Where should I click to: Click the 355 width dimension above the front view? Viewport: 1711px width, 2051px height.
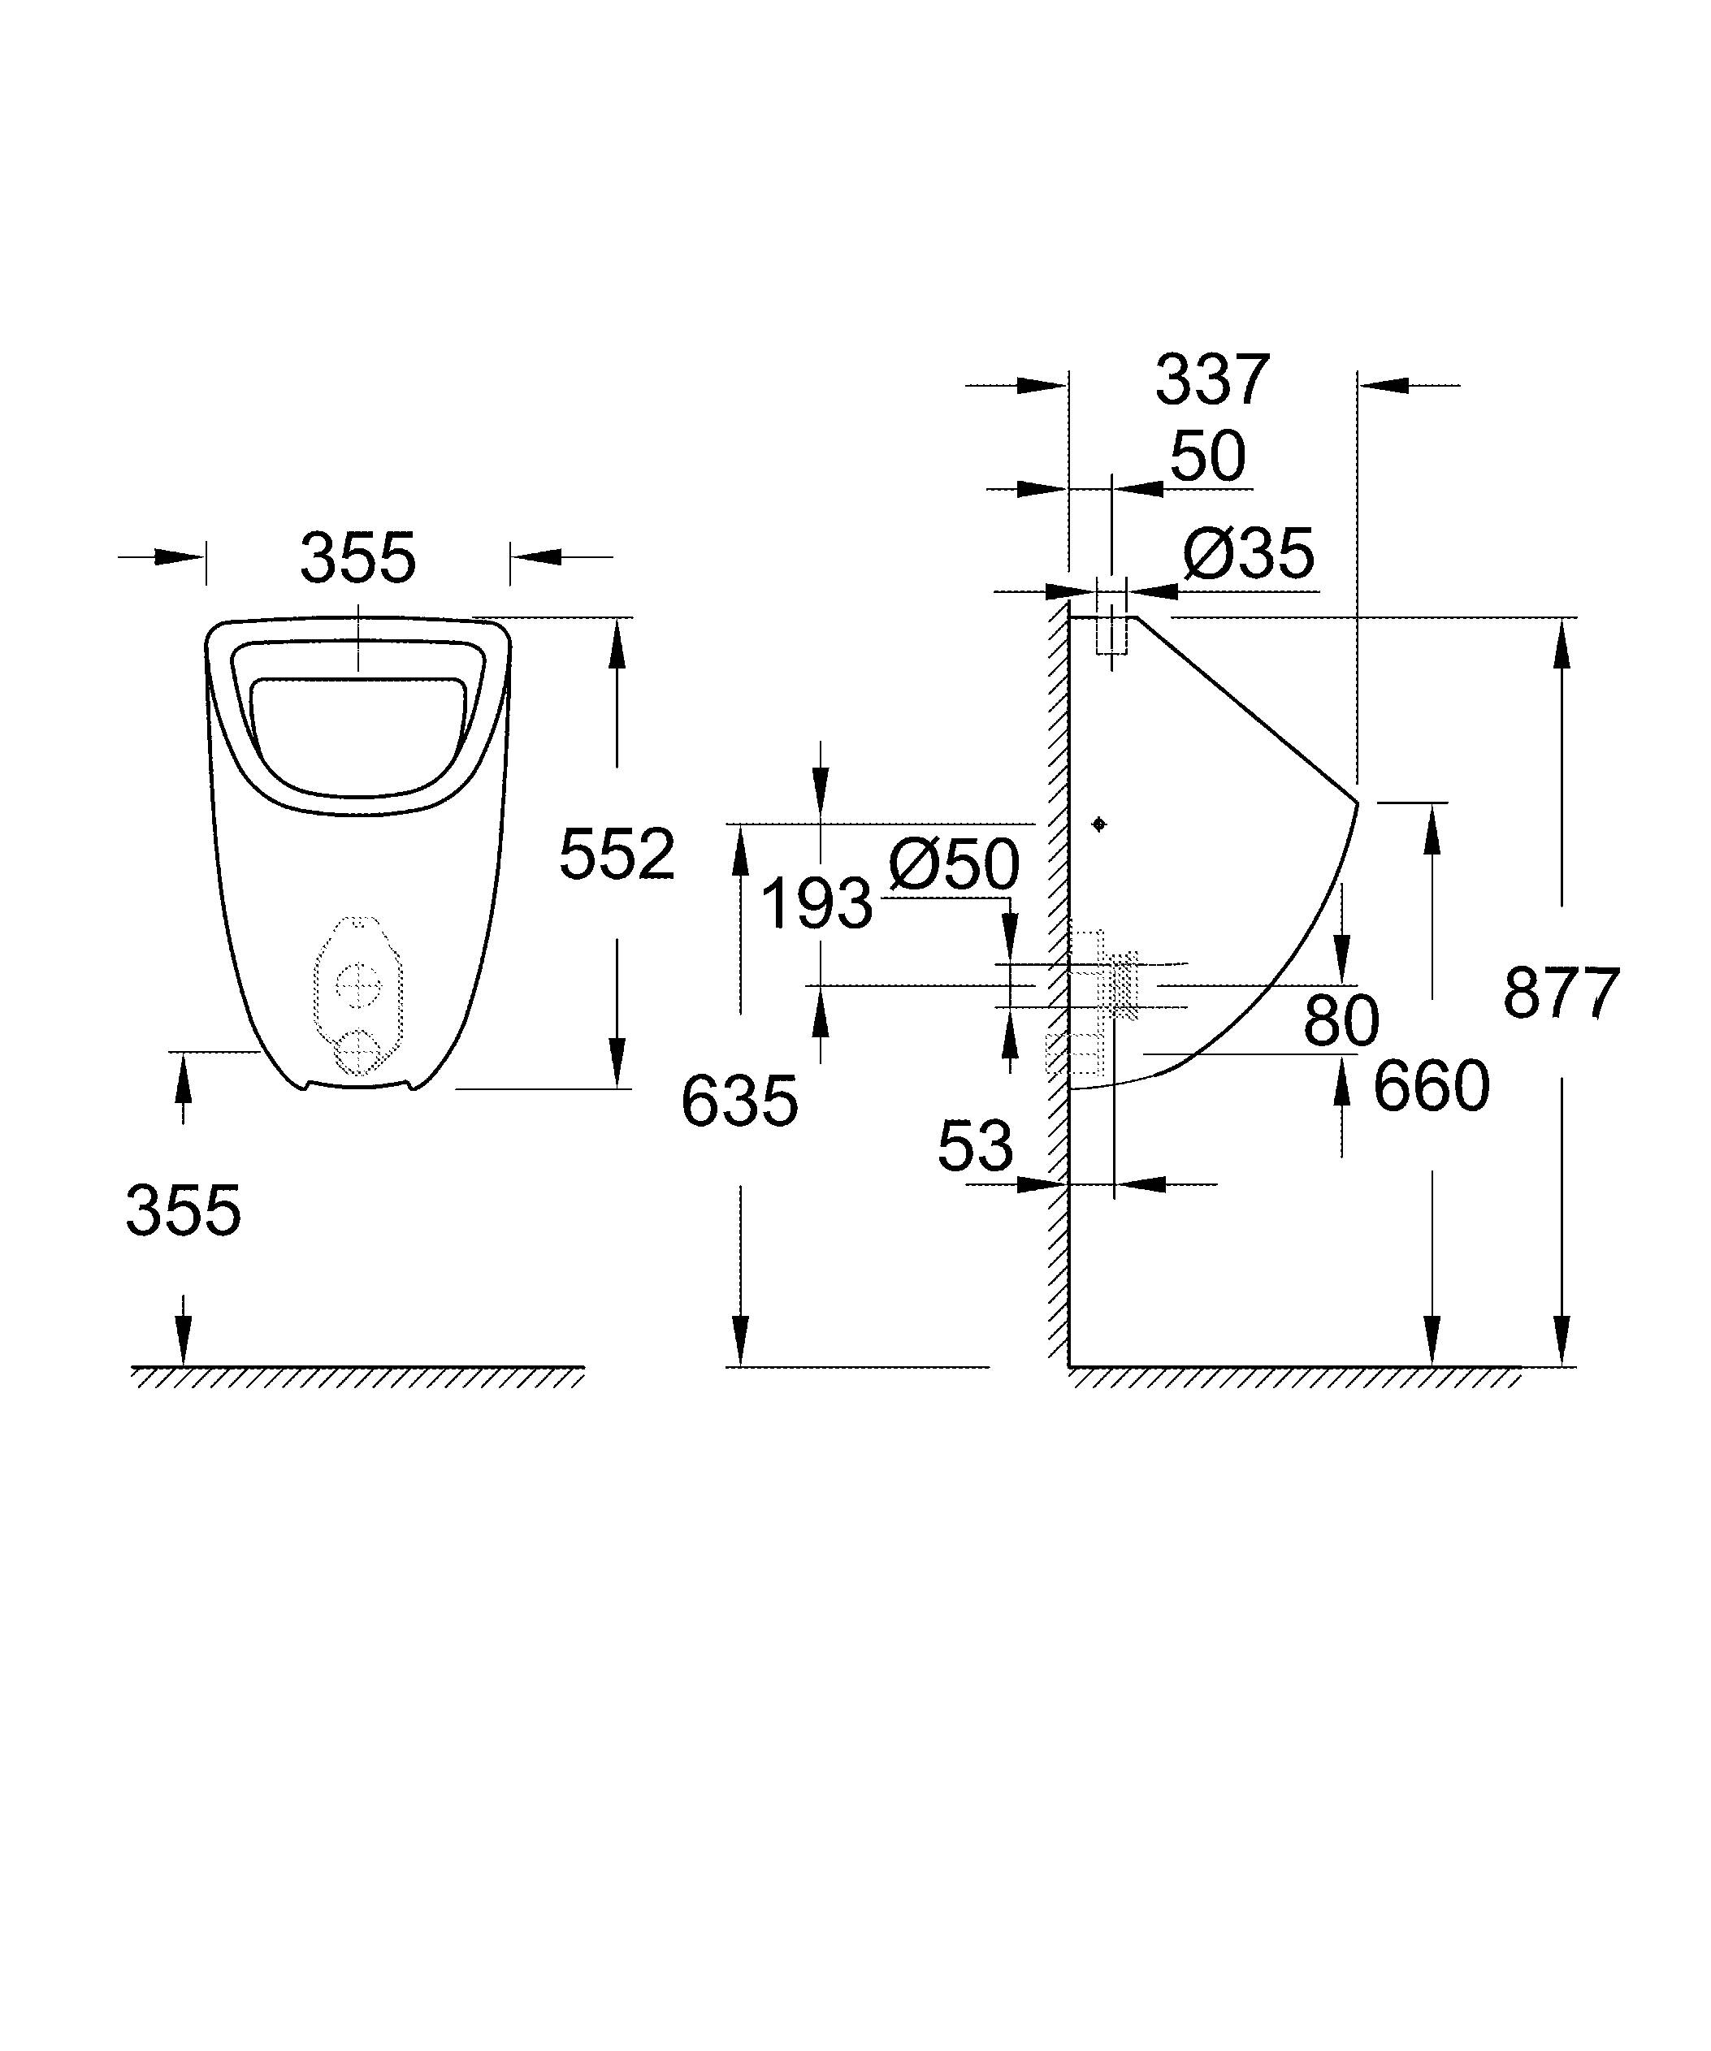[x=357, y=559]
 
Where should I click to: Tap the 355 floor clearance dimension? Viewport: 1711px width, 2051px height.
[x=183, y=1211]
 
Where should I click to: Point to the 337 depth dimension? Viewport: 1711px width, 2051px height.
[x=1212, y=380]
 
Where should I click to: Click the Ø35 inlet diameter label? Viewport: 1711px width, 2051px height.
[x=1248, y=555]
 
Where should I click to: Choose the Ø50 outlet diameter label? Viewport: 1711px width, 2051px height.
[x=954, y=865]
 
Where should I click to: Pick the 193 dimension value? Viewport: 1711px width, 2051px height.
[x=816, y=903]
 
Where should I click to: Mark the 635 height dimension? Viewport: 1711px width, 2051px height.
[x=739, y=1101]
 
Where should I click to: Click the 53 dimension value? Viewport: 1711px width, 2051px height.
[x=975, y=1147]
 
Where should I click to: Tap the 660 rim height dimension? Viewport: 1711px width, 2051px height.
[x=1431, y=1086]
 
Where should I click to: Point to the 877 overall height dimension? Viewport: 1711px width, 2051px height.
[x=1561, y=993]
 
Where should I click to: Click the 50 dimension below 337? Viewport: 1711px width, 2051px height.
[x=1208, y=456]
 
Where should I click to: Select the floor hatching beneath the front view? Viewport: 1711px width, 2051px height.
[x=357, y=1377]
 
